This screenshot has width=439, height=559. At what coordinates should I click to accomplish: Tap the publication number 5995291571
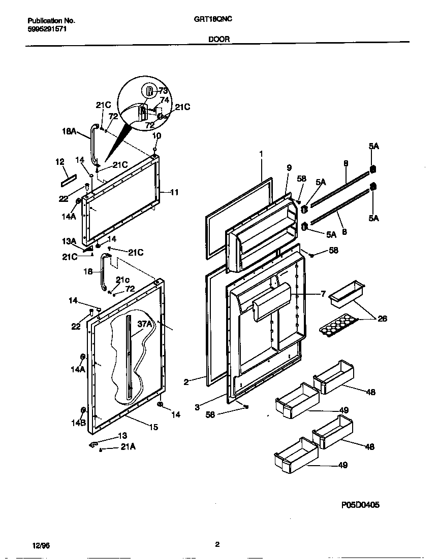(47, 29)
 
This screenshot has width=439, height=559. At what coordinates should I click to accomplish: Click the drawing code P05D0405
(360, 505)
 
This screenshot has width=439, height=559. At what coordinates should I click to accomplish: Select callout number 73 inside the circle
(163, 91)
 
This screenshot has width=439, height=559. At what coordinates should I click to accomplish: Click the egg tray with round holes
(337, 325)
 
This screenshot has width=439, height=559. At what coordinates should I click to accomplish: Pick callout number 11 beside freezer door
(174, 192)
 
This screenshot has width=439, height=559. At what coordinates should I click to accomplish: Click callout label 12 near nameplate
(60, 162)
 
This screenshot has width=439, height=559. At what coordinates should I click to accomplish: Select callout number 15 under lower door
(153, 427)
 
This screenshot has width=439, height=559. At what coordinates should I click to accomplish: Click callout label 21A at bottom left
(128, 447)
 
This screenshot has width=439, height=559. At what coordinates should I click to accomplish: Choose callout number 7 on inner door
(322, 294)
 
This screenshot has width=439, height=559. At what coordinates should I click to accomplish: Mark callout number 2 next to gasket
(186, 382)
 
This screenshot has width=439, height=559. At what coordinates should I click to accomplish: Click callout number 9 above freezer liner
(289, 167)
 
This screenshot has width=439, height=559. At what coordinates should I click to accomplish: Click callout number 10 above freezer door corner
(156, 135)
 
